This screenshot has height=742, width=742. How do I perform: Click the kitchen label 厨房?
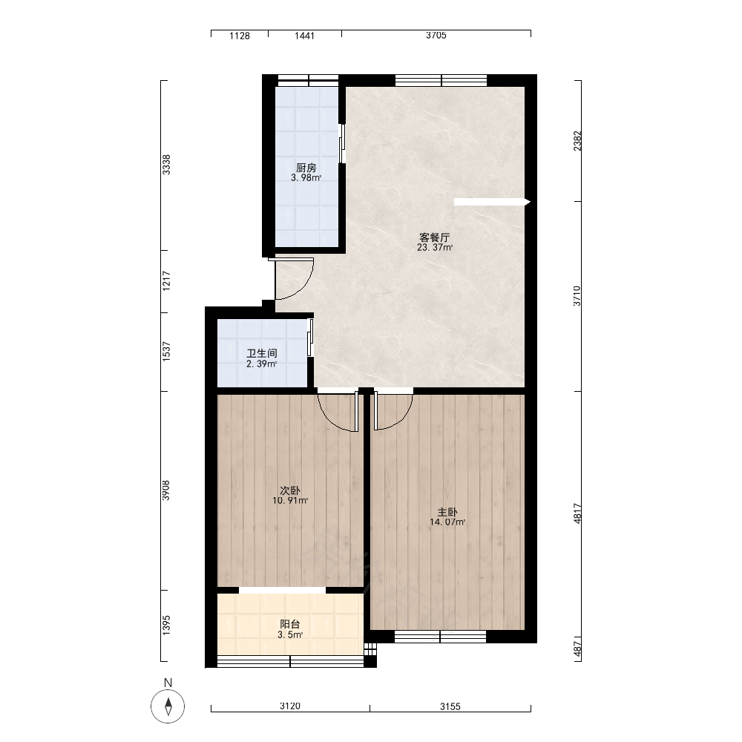[x=306, y=168]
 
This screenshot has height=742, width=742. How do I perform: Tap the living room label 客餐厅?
[x=434, y=237]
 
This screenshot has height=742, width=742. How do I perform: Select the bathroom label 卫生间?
[x=262, y=353]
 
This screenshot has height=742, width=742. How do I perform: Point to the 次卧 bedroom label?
[x=290, y=490]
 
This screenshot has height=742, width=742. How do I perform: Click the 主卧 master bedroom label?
[x=447, y=512]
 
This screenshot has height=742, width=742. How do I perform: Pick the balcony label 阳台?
[x=290, y=624]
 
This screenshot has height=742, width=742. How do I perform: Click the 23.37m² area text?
[x=435, y=248]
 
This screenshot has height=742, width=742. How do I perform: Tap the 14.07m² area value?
[x=447, y=522]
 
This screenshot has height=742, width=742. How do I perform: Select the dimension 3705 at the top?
[x=436, y=36]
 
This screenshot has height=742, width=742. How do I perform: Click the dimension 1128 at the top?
[x=240, y=36]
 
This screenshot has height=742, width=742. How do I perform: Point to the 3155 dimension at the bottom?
[x=450, y=706]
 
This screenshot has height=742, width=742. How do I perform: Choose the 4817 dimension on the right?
[x=577, y=513]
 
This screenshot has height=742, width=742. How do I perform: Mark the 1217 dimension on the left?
[x=166, y=280]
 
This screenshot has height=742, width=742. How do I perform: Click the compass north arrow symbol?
[x=168, y=707]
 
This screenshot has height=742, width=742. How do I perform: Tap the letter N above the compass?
[x=168, y=683]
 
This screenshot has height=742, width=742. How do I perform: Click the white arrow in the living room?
[x=492, y=202]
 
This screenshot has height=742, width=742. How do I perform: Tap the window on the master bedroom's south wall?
[x=441, y=637]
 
